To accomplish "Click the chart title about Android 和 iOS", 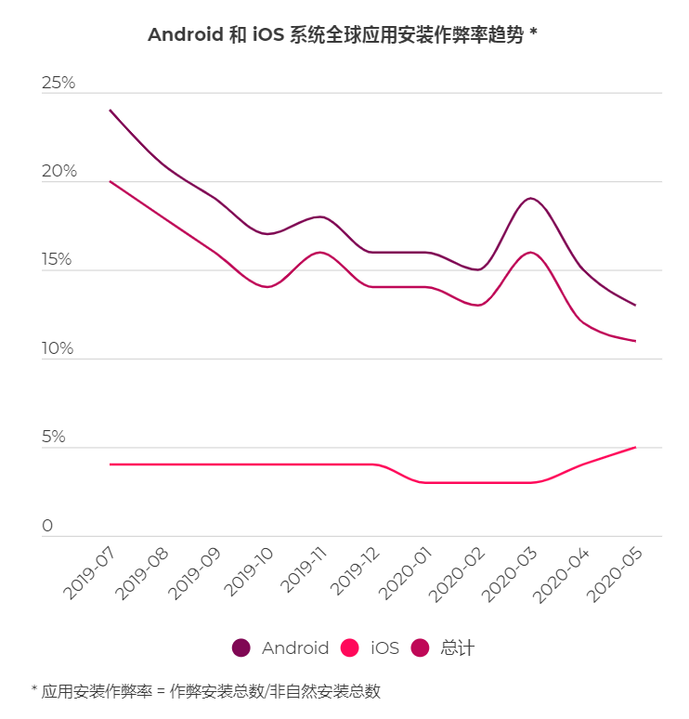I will click(344, 35).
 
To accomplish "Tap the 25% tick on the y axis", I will click(58, 84).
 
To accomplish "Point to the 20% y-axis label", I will click(58, 172).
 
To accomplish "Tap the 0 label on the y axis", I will click(47, 526).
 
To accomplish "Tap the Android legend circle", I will click(241, 648).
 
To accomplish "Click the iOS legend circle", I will click(350, 648).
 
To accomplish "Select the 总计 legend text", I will click(458, 648).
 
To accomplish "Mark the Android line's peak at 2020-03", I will click(530, 198).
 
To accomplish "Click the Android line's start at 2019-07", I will click(110, 111).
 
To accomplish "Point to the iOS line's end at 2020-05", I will click(635, 448).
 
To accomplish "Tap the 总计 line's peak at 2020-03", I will click(530, 252).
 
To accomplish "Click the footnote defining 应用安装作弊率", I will click(206, 692).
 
